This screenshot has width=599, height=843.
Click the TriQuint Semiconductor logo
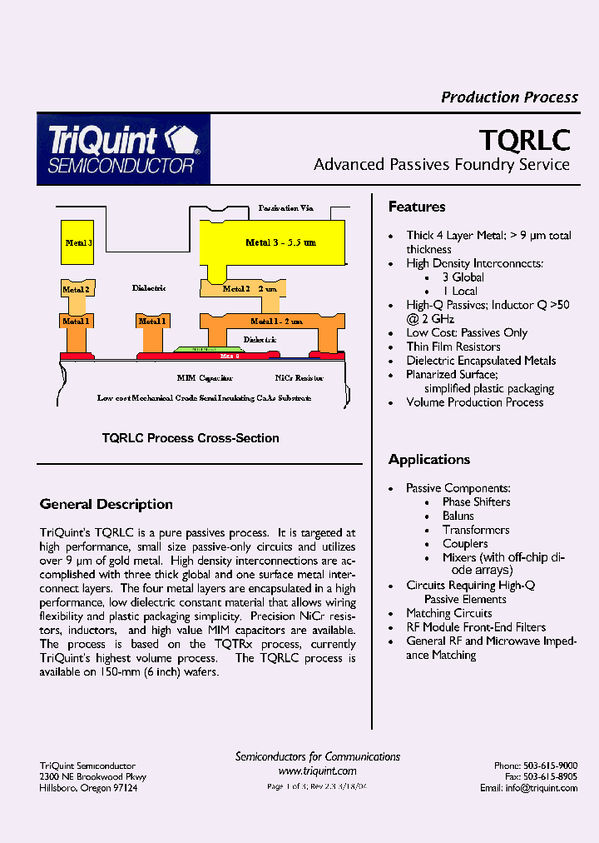(123, 150)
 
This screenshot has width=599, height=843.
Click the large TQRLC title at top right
(525, 137)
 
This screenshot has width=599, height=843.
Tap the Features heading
(417, 207)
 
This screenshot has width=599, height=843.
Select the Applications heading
(429, 460)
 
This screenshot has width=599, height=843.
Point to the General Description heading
(106, 505)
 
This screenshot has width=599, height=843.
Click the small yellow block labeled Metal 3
(77, 243)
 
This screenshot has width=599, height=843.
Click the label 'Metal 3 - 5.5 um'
(280, 242)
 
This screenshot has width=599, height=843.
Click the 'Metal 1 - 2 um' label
(276, 321)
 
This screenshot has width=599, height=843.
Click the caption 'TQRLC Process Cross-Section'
(191, 438)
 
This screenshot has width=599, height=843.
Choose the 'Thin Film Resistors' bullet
(453, 347)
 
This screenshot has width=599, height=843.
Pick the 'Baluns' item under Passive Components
(458, 516)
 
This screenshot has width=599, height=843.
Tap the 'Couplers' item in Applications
(465, 544)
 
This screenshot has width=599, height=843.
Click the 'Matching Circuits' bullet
(449, 613)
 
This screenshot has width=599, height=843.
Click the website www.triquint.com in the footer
(317, 771)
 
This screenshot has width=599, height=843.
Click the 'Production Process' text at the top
(509, 97)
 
